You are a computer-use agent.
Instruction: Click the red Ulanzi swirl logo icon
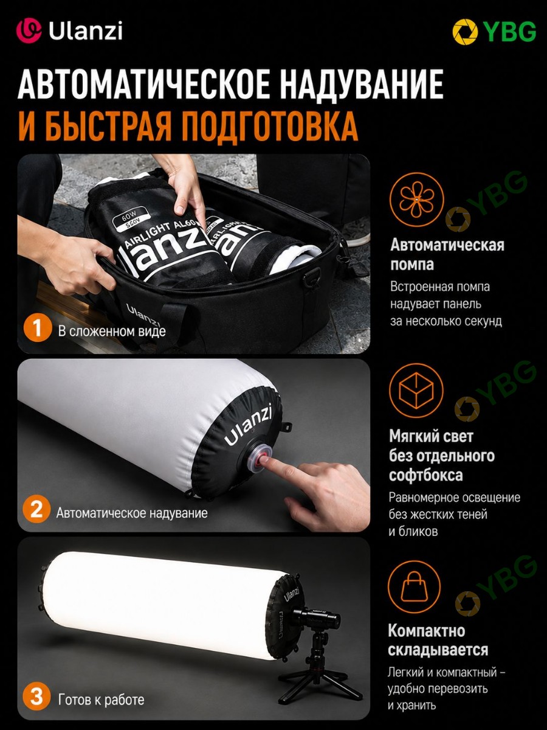29,31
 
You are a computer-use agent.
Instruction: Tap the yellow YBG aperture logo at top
465,32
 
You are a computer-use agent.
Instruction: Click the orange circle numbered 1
37,328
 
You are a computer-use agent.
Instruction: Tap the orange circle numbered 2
36,509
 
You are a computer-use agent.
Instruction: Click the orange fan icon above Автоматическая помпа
416,199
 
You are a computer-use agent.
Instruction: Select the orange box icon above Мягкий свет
416,391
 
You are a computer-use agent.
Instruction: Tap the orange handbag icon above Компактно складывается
414,586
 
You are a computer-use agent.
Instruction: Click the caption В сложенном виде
112,332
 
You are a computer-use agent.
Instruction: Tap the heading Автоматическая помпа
447,255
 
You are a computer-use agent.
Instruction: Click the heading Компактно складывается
438,640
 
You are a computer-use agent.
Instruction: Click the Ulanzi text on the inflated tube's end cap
247,425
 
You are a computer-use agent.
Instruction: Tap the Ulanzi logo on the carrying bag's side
143,315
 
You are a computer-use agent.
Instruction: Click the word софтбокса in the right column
426,475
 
